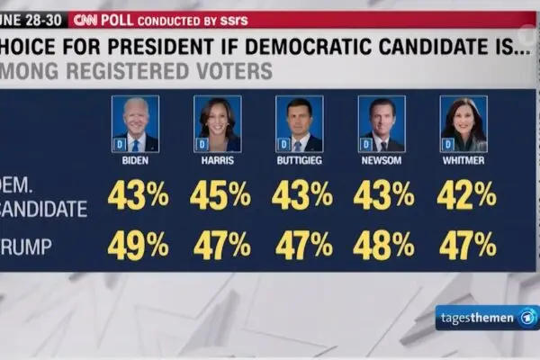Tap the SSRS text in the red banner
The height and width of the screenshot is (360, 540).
tap(231, 19)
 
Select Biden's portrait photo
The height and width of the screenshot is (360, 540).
tap(136, 124)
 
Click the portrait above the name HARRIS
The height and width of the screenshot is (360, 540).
tap(218, 124)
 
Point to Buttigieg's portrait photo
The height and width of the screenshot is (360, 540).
tap(300, 124)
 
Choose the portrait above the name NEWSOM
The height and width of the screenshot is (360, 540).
tap(382, 124)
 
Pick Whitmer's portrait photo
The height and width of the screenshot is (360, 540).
tap(463, 124)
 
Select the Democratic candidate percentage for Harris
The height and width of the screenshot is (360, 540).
tap(220, 195)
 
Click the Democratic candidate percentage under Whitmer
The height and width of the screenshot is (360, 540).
tap(466, 195)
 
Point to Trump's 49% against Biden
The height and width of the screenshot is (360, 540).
tap(138, 245)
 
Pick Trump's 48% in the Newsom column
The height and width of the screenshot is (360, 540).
tap(383, 245)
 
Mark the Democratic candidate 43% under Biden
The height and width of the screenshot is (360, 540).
tap(138, 195)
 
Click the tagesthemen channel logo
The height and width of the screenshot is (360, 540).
tap(486, 318)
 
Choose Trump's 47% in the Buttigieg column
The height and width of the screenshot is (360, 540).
tap(301, 245)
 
